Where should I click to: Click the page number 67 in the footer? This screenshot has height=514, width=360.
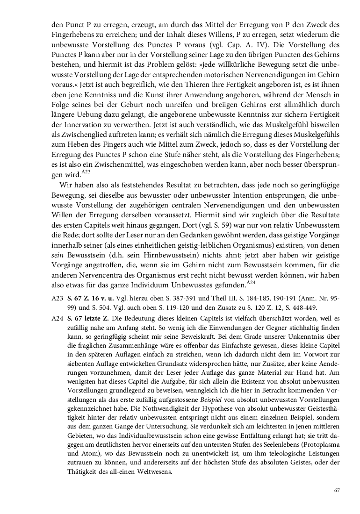tap(336, 490)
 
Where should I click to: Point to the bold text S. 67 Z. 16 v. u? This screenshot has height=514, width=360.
tap(86, 298)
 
